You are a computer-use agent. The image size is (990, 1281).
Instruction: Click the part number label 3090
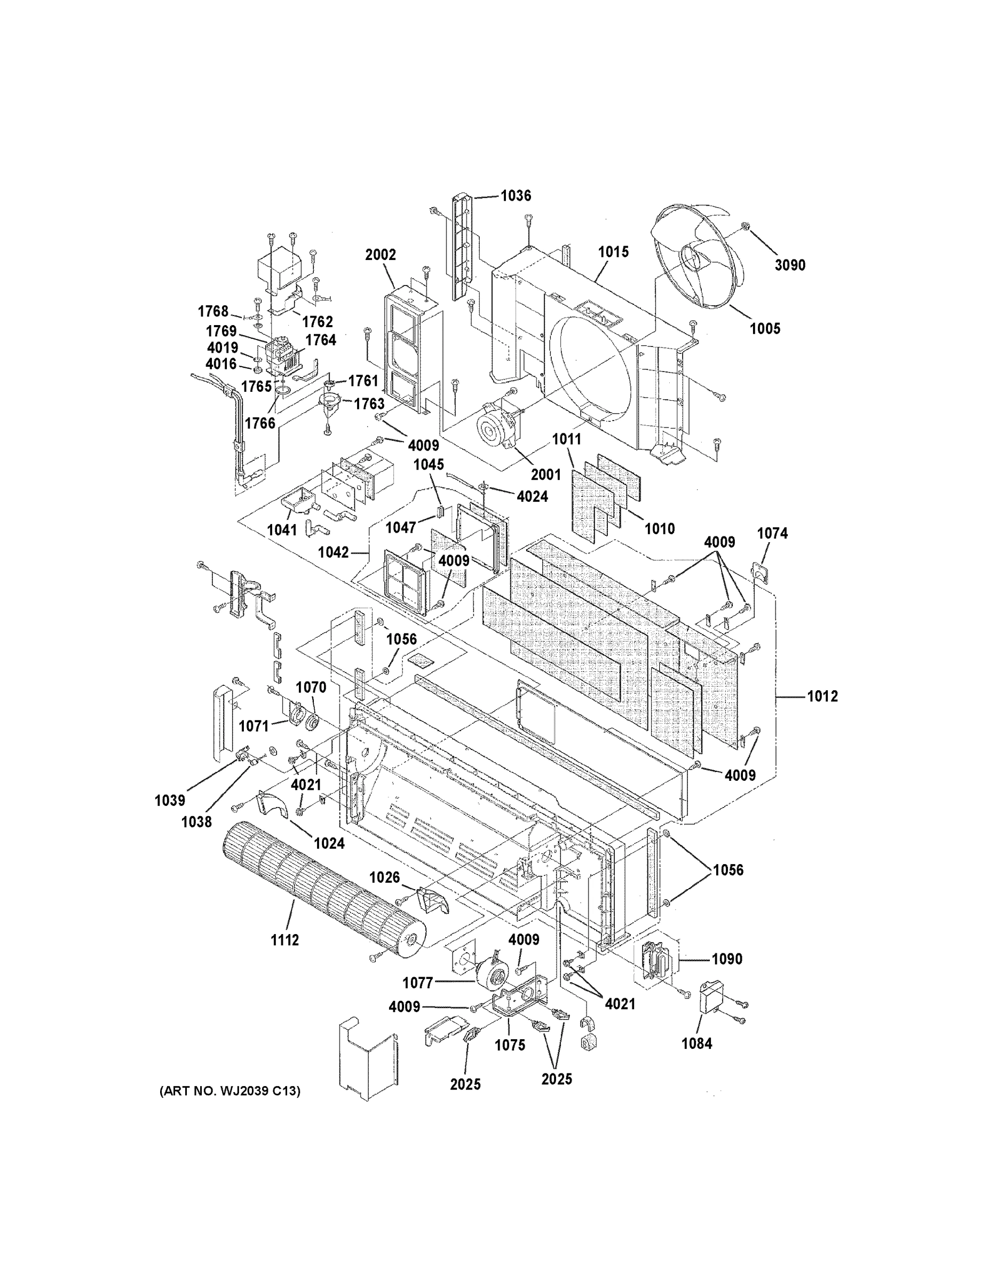click(790, 265)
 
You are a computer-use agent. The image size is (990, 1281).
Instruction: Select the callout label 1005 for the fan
click(765, 328)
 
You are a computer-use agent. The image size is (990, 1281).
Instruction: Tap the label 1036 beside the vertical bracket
click(516, 195)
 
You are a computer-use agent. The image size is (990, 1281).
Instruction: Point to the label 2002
click(380, 255)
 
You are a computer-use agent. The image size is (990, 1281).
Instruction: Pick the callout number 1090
click(727, 959)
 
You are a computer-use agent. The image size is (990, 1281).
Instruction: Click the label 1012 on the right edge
click(822, 696)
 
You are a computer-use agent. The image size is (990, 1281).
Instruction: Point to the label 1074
click(772, 533)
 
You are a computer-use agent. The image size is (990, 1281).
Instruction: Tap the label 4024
click(532, 496)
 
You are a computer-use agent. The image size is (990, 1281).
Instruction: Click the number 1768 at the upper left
click(213, 311)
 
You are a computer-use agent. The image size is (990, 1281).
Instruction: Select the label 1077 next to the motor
click(417, 983)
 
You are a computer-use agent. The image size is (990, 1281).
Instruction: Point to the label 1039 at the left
click(170, 800)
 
